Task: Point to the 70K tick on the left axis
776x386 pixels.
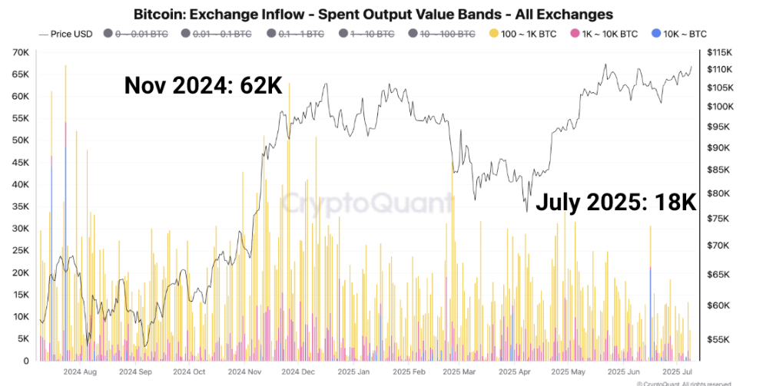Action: [x=20, y=52]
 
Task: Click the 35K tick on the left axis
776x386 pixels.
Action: [x=20, y=206]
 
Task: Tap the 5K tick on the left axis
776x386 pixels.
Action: [x=22, y=338]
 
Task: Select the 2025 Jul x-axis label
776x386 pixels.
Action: [x=677, y=371]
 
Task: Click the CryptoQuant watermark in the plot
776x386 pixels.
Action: [x=366, y=203]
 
